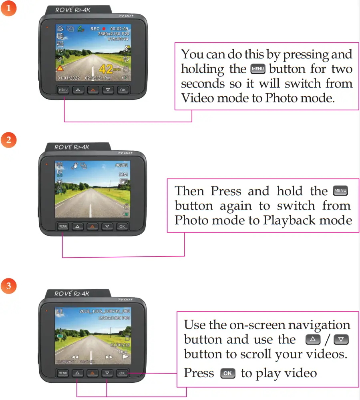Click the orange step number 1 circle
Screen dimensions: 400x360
click(9, 9)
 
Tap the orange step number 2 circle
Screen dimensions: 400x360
click(9, 140)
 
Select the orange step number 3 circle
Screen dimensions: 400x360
click(9, 286)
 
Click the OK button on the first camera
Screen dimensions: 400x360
click(123, 90)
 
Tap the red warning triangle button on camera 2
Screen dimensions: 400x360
click(92, 226)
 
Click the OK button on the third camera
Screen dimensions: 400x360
click(122, 373)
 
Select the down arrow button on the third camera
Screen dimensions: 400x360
click(107, 373)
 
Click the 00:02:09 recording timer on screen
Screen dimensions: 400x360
click(119, 29)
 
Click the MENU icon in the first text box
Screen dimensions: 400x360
click(257, 69)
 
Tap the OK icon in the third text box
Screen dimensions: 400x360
click(227, 374)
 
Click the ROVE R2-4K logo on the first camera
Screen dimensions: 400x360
click(72, 10)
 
